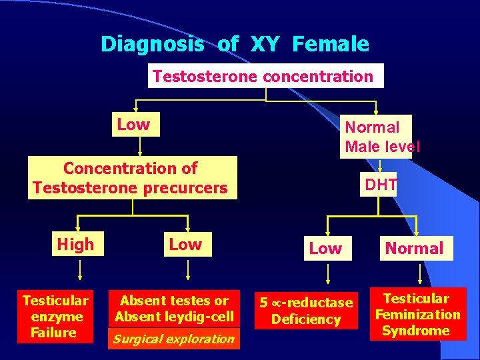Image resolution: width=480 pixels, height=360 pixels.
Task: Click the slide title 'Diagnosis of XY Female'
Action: (x=235, y=45)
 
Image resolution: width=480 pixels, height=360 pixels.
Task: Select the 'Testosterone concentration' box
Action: (x=265, y=76)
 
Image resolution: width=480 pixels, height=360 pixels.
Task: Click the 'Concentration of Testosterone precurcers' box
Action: (x=132, y=178)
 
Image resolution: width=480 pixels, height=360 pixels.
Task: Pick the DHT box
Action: (x=381, y=185)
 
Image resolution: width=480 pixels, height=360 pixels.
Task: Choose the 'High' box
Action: (x=75, y=245)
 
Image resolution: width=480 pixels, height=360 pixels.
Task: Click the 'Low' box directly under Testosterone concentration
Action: (x=134, y=125)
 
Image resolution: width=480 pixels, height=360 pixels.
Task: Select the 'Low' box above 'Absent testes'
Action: (x=185, y=245)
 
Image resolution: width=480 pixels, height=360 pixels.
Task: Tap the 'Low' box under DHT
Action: (x=325, y=249)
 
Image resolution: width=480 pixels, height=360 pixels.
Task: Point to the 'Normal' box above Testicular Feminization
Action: (x=414, y=249)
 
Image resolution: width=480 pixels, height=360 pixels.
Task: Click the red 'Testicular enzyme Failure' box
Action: (x=55, y=317)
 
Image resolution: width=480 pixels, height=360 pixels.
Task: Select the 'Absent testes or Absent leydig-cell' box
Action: (x=174, y=309)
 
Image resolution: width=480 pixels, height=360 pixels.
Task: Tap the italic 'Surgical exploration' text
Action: (x=174, y=339)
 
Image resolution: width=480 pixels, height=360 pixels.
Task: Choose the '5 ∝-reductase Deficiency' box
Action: (x=306, y=311)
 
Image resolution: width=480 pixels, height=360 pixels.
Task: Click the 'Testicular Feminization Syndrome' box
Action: (x=417, y=315)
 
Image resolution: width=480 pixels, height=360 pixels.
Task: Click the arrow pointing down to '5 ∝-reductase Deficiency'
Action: (x=327, y=274)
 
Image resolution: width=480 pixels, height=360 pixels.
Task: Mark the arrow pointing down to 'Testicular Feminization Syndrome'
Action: (x=420, y=273)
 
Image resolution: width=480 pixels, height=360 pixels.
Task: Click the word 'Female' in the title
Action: (x=330, y=45)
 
